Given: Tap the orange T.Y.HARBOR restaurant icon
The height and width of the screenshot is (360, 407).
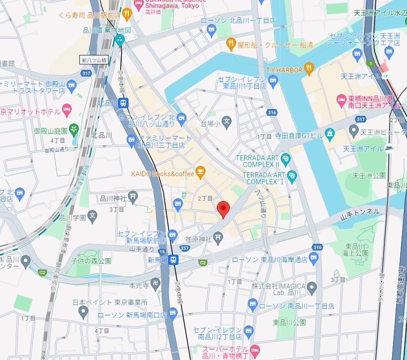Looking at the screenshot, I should coord(309,68).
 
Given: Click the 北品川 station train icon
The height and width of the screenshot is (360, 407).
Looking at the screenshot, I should coord(123,103).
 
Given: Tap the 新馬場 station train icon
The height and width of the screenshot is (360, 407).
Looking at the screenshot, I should coord(174,260).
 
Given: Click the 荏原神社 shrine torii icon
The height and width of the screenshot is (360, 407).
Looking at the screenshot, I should coord(218,237).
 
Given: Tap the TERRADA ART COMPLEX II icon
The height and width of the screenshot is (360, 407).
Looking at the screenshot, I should coord(285,159).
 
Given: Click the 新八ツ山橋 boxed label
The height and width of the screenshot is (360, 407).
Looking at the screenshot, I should coord(94,59).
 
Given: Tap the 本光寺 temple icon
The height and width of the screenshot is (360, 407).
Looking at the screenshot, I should coord(156,283).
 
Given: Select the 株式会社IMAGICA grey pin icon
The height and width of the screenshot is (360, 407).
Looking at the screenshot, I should coord(312,287).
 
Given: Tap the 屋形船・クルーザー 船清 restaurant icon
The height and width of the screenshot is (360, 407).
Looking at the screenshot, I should coord(231,44).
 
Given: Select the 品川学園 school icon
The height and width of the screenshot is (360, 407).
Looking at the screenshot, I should coord(93,217).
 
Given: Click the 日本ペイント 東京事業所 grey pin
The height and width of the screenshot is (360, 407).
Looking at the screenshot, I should coord(83,311).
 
